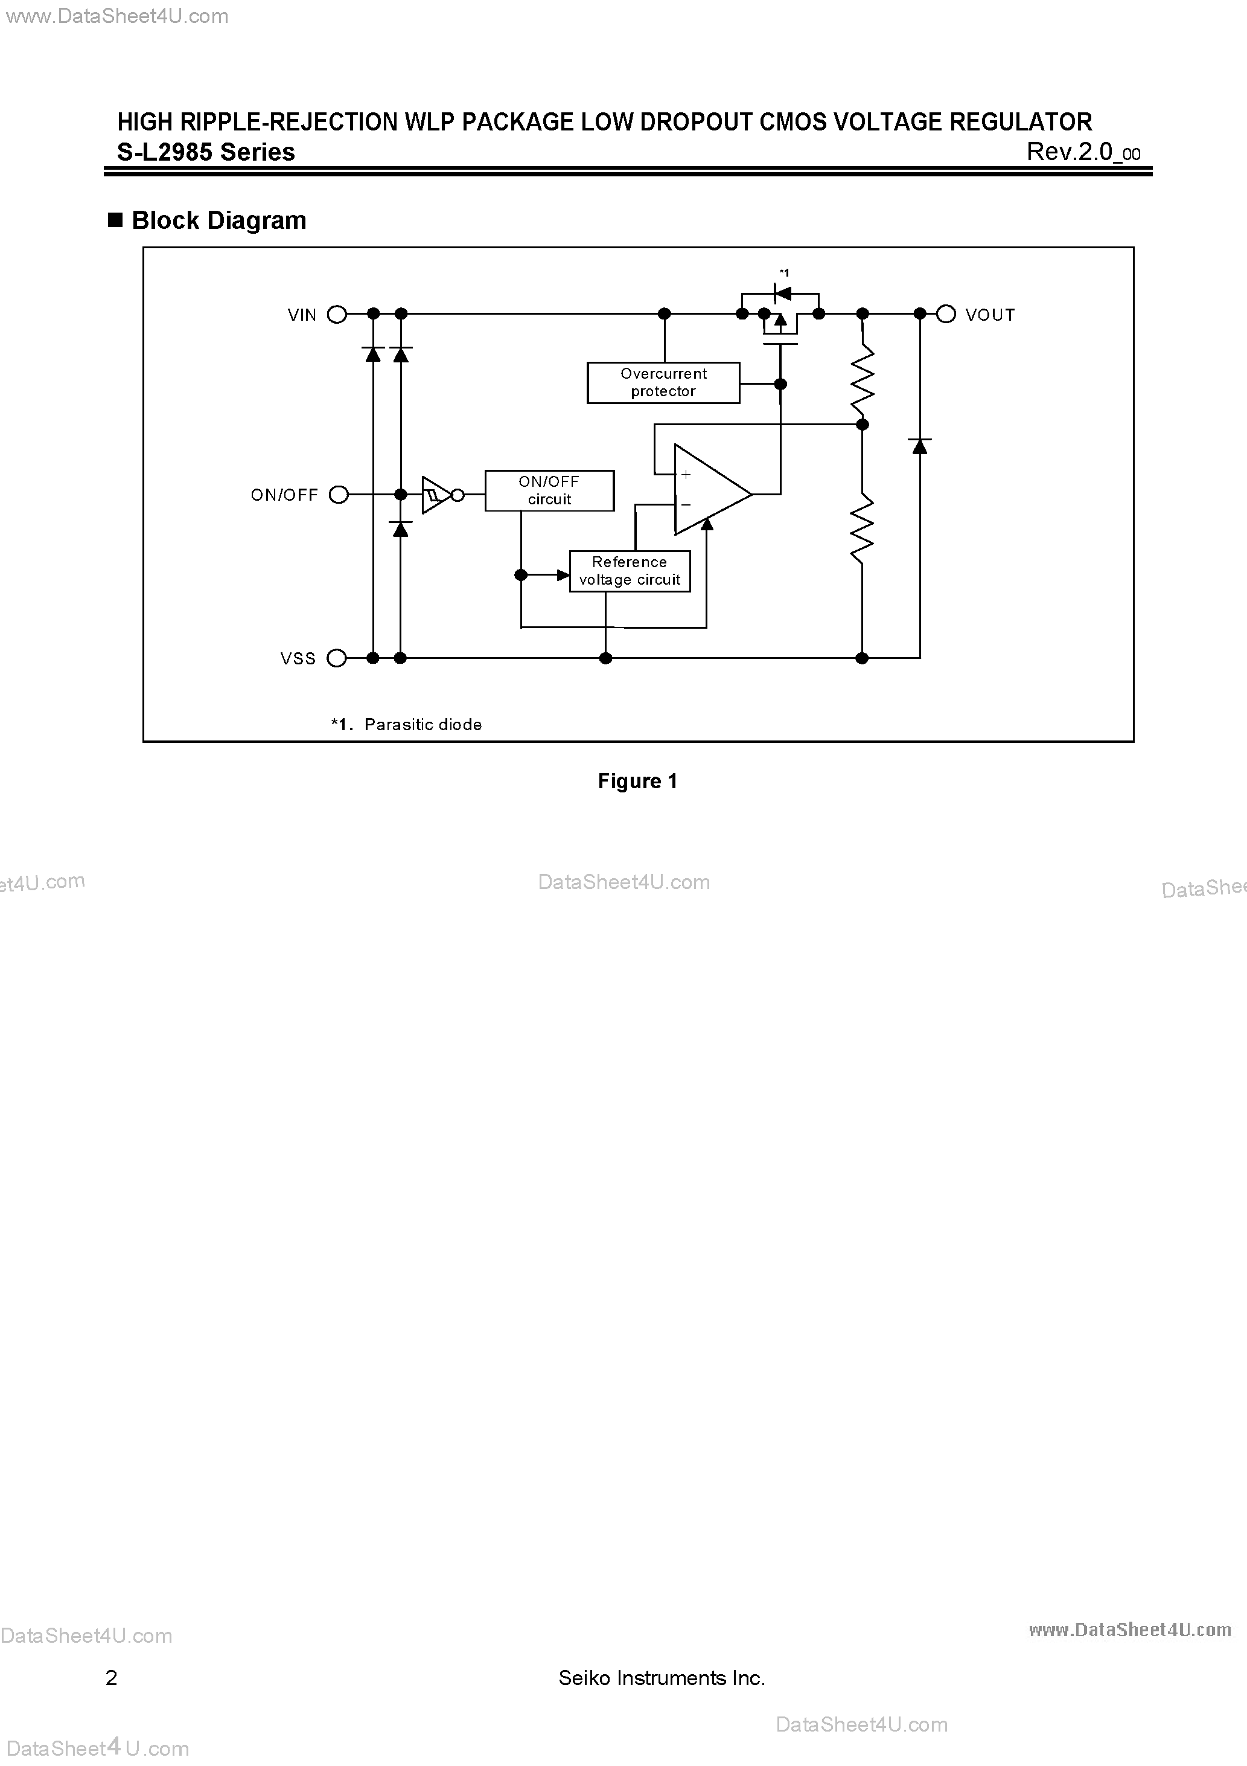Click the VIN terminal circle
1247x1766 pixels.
pyautogui.click(x=337, y=314)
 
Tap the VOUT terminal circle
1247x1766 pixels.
pyautogui.click(x=946, y=314)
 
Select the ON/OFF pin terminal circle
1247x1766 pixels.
pyautogui.click(x=338, y=495)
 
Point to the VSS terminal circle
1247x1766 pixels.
pyautogui.click(x=337, y=658)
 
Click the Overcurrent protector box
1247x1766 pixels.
pyautogui.click(x=663, y=382)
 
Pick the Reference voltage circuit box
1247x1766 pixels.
pyautogui.click(x=630, y=571)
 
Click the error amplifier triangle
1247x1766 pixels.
pyautogui.click(x=709, y=490)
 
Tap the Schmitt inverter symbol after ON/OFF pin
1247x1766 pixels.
pyautogui.click(x=436, y=495)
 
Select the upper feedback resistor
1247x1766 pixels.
pyautogui.click(x=863, y=380)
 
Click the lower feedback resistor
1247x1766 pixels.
pyautogui.click(x=863, y=528)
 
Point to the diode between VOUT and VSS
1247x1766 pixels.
pyautogui.click(x=919, y=446)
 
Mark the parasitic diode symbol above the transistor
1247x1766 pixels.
pyautogui.click(x=783, y=292)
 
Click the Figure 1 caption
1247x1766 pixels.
pyautogui.click(x=637, y=782)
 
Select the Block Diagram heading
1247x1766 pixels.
pyautogui.click(x=218, y=221)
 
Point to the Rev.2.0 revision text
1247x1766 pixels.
pyautogui.click(x=1082, y=152)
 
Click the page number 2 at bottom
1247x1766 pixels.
pyautogui.click(x=112, y=1678)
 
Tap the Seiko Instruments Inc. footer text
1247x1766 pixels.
pyautogui.click(x=661, y=1678)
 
